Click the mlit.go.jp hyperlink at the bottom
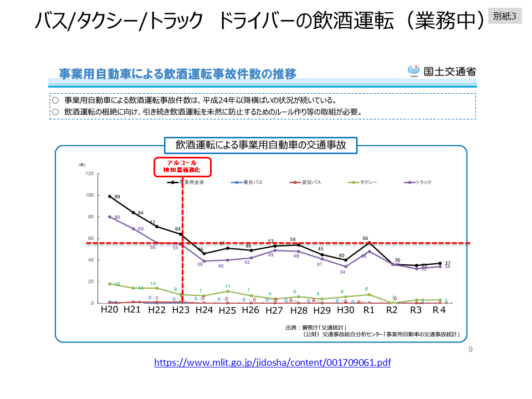tap(272, 362)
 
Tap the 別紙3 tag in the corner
tap(504, 17)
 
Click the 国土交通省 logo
tap(442, 71)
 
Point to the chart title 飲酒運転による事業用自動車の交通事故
tap(261, 145)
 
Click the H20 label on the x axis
tap(109, 310)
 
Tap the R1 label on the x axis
tap(369, 310)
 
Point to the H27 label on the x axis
tap(274, 310)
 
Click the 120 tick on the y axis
tap(89, 173)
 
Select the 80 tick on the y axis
tap(90, 217)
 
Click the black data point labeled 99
tap(110, 196)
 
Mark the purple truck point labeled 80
tap(110, 217)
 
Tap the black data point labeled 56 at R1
tap(369, 243)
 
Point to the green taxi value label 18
tap(117, 284)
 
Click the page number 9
tap(470, 349)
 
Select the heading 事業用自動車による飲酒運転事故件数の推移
tap(177, 74)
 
